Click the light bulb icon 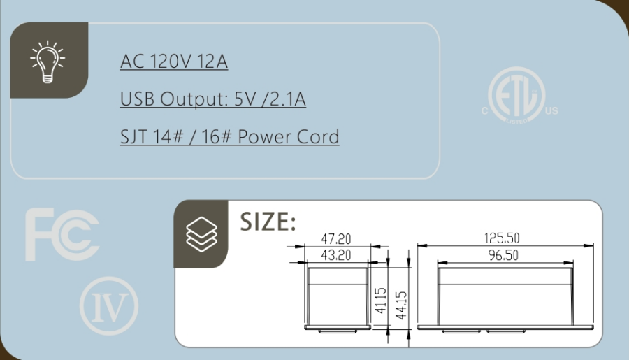[x=48, y=62]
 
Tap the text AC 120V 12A [x=174, y=62]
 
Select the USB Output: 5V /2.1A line [x=213, y=99]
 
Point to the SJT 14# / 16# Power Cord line [x=229, y=136]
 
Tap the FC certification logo [x=62, y=234]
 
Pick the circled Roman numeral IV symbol [x=109, y=305]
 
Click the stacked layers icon [x=201, y=234]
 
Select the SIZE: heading [x=268, y=222]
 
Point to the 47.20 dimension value [x=336, y=239]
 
